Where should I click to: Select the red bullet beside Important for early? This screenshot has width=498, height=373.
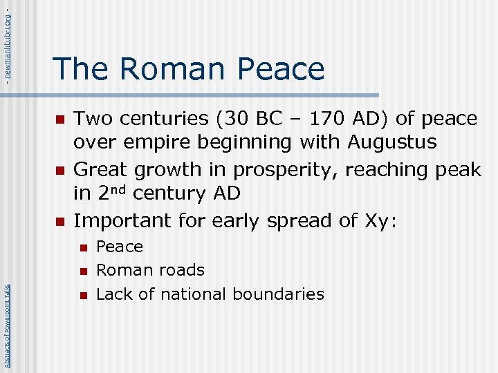59,222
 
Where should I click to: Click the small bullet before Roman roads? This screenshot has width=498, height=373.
82,271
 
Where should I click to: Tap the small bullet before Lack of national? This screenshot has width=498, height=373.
82,295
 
